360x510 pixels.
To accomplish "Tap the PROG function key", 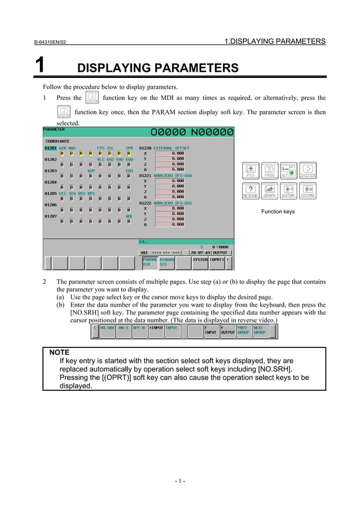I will [x=270, y=171].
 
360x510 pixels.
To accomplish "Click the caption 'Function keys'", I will [x=278, y=212].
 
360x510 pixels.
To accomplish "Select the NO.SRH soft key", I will [x=107, y=330].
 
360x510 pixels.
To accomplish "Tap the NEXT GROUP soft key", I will [x=260, y=330].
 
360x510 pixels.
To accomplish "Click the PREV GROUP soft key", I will [x=243, y=330].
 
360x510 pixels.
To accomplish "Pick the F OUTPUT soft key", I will [x=227, y=330].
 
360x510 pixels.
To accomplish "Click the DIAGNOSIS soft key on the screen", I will [x=166, y=262].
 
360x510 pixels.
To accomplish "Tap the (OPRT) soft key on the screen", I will [x=217, y=260].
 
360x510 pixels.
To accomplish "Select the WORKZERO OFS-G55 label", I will [x=173, y=203].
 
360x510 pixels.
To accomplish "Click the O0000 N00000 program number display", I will [x=191, y=133].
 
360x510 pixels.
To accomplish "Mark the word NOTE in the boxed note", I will [x=59, y=352].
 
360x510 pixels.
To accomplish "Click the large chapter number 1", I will [x=39, y=66].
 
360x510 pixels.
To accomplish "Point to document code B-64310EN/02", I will [x=50, y=42].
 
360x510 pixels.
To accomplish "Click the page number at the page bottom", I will [x=180, y=481].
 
